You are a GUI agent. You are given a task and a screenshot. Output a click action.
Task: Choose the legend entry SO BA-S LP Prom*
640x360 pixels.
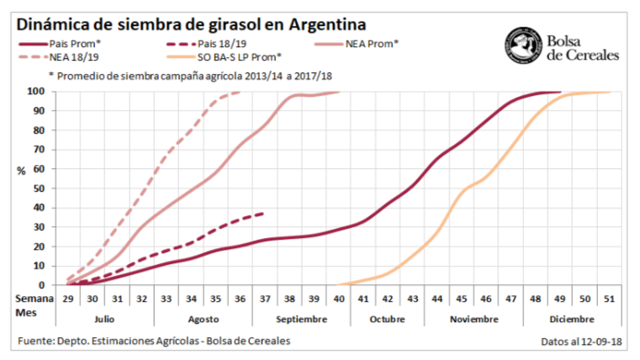[240, 57]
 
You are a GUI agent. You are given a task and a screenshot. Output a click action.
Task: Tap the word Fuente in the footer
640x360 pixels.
[37, 341]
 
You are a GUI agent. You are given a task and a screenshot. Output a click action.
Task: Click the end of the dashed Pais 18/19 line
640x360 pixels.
[265, 213]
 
